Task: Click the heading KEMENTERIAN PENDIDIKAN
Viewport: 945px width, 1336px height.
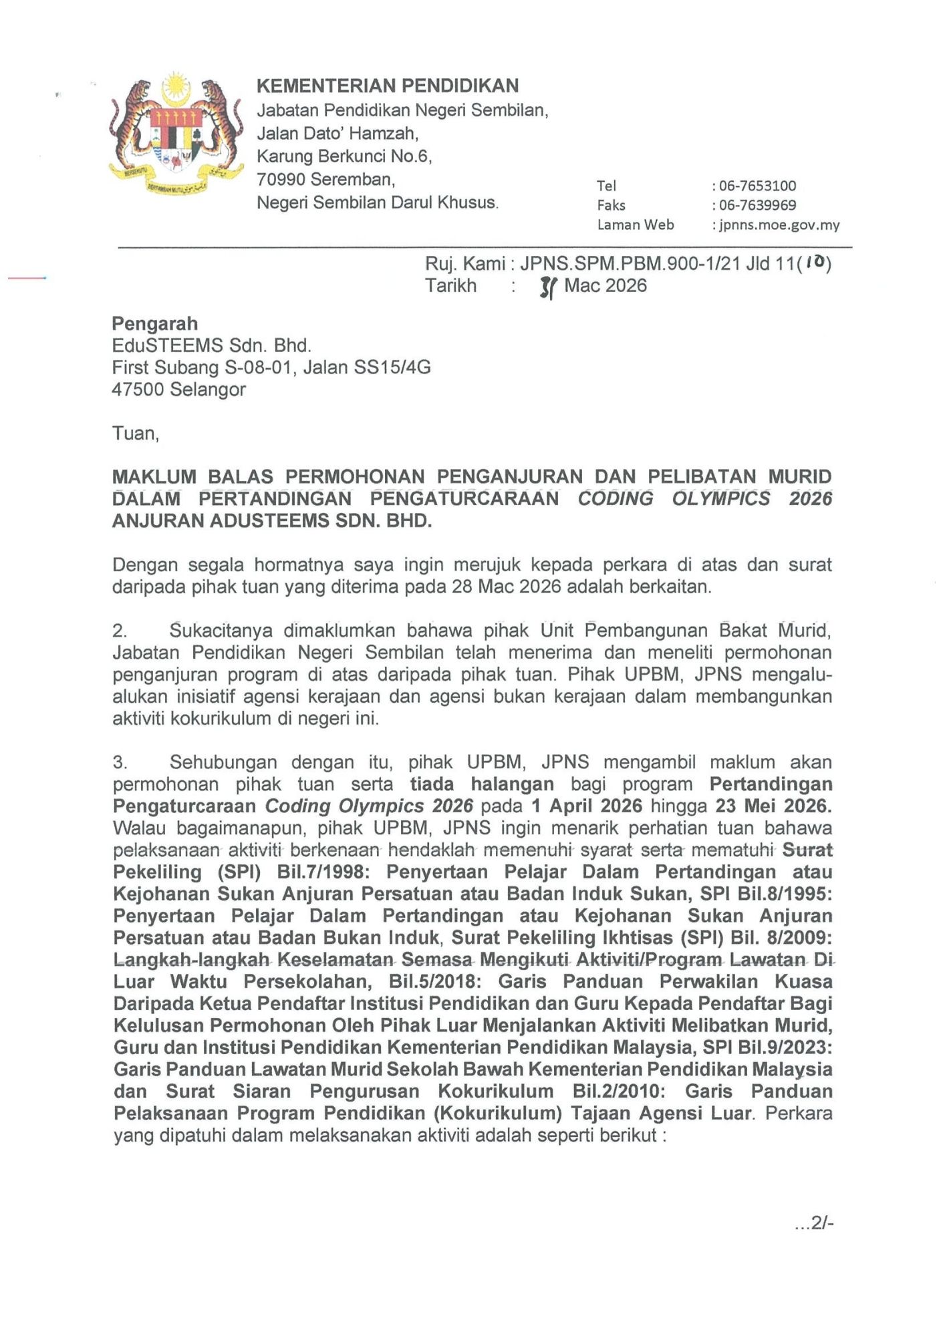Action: [x=388, y=86]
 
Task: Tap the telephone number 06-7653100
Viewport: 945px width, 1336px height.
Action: [x=757, y=186]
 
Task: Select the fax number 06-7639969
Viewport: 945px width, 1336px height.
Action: [x=757, y=205]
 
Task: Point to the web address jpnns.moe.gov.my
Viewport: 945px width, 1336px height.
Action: [x=779, y=225]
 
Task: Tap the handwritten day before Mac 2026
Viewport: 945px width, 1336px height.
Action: [x=547, y=287]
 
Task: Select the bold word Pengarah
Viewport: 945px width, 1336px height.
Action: [x=155, y=324]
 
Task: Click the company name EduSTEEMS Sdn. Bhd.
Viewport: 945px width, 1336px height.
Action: [x=211, y=346]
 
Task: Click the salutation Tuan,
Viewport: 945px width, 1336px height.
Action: [x=136, y=434]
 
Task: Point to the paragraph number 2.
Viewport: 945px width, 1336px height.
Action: [x=120, y=631]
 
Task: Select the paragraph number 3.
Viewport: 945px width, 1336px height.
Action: [x=120, y=762]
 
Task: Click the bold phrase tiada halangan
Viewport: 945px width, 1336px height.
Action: [x=482, y=784]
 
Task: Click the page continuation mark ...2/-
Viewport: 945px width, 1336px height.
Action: [x=813, y=1223]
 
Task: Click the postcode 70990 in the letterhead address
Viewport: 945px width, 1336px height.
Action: [x=281, y=180]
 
